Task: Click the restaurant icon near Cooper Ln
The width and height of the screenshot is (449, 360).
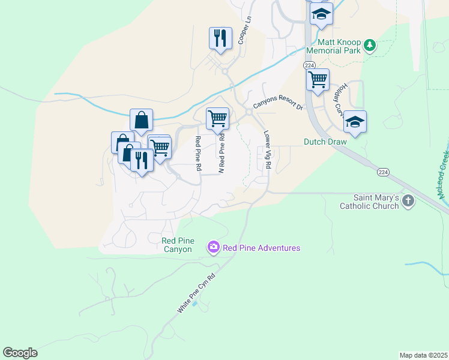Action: tap(220, 38)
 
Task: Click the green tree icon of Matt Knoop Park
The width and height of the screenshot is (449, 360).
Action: tap(371, 44)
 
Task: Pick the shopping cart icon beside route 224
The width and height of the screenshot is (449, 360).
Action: tap(317, 80)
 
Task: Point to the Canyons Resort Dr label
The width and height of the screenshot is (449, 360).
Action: tap(278, 104)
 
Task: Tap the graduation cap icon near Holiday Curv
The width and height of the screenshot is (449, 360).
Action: tap(355, 122)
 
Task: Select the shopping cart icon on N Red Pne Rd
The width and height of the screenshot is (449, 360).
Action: tap(217, 118)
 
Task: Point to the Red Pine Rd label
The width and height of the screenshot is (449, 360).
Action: tap(197, 153)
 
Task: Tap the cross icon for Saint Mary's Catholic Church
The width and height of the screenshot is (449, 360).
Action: tap(408, 201)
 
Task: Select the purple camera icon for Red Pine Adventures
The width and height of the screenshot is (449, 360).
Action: tap(213, 247)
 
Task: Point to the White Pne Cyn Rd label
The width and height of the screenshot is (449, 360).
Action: tap(196, 291)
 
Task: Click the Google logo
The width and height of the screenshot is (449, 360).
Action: tap(20, 353)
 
